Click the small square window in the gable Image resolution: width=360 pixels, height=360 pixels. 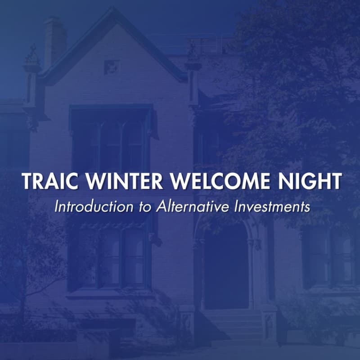(x=112, y=67)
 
